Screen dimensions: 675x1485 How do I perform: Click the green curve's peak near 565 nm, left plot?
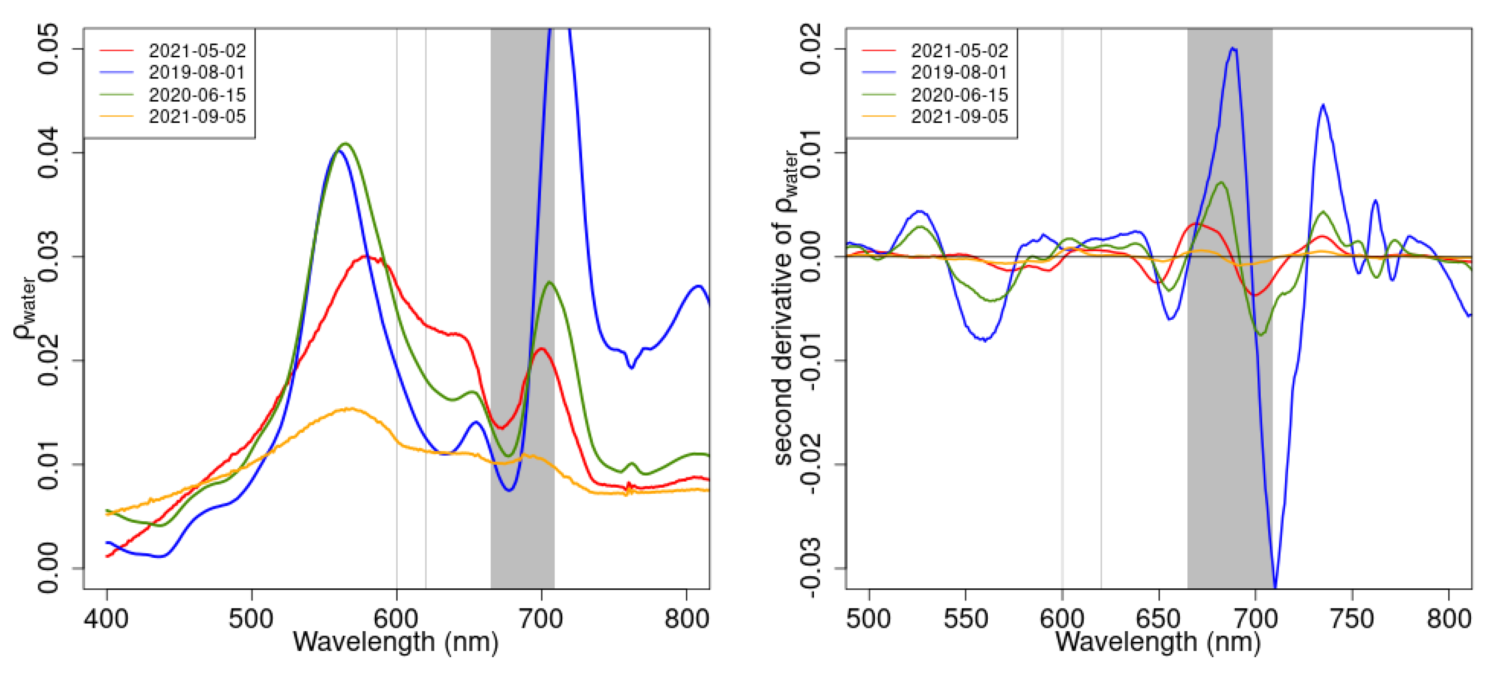click(x=345, y=143)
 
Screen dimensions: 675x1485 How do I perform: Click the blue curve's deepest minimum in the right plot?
click(x=1274, y=586)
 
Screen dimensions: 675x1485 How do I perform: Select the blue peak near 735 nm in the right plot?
click(x=1323, y=105)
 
